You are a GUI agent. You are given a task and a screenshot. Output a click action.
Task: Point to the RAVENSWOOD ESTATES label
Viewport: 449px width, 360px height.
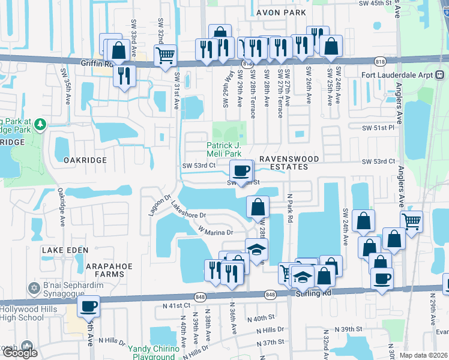287,163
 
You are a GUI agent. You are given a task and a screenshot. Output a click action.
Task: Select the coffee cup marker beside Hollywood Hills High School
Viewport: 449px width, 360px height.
89,305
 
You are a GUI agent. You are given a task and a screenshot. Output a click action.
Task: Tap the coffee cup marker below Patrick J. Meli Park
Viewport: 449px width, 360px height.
241,170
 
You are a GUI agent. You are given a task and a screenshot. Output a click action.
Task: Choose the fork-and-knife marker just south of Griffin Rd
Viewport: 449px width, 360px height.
124,75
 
